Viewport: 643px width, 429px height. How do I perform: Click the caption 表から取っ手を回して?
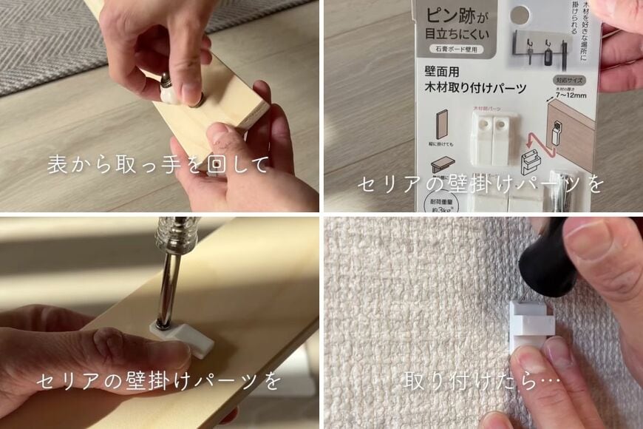(x=159, y=164)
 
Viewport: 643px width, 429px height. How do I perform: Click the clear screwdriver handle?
(x=174, y=237)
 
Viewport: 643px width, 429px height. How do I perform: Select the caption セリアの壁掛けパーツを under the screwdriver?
(x=159, y=382)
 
